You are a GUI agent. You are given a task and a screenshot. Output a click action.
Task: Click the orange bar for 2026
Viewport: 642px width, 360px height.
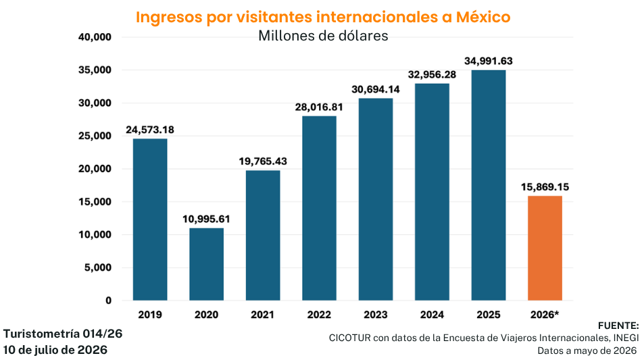545,249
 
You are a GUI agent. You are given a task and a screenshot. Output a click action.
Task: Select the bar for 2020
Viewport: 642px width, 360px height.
206,264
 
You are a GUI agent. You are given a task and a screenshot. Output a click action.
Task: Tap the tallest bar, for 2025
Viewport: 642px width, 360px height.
489,185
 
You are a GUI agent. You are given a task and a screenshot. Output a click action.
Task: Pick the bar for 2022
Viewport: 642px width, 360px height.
320,208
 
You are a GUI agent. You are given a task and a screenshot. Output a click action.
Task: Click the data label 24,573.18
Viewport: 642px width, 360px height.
150,130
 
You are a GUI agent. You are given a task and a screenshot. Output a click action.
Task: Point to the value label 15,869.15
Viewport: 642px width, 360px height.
545,187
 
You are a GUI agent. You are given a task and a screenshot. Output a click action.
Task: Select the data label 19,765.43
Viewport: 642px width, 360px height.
263,161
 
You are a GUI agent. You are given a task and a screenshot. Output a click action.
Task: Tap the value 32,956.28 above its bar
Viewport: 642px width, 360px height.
432,74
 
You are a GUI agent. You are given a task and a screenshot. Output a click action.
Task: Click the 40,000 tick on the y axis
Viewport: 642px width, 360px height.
95,37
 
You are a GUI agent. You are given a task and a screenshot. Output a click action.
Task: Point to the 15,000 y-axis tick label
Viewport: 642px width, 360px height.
95,202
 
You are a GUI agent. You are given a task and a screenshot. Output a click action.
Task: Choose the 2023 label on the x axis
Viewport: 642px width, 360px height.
376,315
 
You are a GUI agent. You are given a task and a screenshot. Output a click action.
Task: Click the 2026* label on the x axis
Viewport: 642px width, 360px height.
545,315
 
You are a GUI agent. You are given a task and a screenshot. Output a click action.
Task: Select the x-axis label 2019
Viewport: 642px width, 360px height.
150,315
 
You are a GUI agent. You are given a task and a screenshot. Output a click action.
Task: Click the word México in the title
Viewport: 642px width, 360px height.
483,17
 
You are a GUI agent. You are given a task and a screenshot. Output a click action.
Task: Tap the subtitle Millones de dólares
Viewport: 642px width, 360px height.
323,36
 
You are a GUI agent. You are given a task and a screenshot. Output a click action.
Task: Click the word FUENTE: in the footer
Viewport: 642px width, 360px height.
618,326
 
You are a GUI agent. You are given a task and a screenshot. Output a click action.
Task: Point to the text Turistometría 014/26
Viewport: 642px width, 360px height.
63,334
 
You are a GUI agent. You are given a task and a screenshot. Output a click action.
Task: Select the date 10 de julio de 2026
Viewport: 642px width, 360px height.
55,350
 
